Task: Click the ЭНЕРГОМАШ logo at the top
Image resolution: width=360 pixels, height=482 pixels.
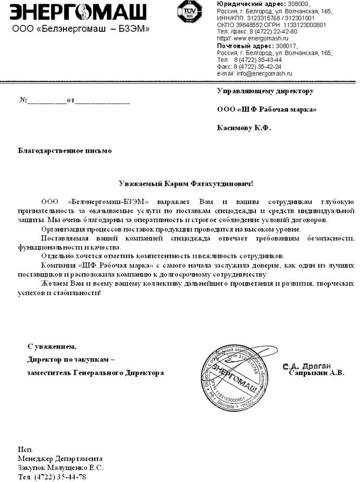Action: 78,11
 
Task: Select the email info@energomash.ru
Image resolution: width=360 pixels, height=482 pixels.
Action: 265,74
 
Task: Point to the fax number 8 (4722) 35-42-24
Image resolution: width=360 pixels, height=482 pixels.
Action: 257,67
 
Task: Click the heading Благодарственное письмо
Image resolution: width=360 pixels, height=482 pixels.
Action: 65,151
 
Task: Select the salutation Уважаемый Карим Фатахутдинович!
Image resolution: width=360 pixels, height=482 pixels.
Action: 186,184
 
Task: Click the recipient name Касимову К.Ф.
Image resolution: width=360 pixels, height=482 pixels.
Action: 244,128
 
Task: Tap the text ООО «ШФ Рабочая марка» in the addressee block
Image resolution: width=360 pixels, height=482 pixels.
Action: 266,109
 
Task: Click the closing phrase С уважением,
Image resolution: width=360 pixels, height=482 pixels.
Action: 52,346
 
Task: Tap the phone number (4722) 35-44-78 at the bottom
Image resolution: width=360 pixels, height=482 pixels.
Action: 59,476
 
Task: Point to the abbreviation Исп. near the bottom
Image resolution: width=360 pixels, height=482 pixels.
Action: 25,449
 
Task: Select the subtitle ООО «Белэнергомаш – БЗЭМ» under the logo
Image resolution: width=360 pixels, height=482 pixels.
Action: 81,29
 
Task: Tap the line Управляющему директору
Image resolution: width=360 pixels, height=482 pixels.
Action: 265,91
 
